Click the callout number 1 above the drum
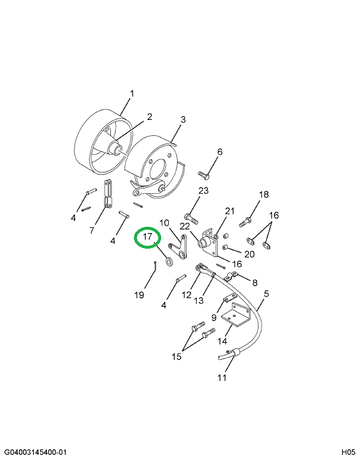(132, 93)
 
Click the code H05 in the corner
(348, 453)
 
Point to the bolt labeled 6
(204, 175)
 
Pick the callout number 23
(204, 190)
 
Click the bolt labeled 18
(247, 223)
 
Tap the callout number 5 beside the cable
(266, 293)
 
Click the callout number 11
(221, 378)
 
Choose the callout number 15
(177, 356)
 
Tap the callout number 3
(183, 119)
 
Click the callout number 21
(230, 211)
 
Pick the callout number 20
(248, 254)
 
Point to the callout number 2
(149, 116)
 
